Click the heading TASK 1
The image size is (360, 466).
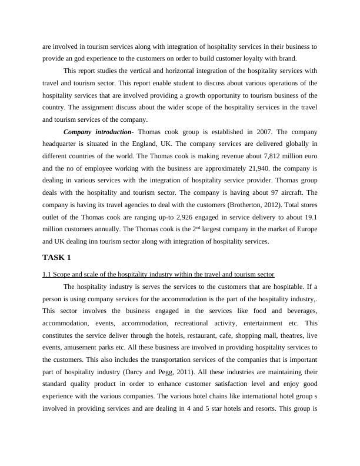tap(57, 258)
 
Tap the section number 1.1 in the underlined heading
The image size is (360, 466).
tap(47, 274)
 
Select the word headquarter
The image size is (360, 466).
tap(64, 144)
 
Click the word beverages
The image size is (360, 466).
tap(296, 311)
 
